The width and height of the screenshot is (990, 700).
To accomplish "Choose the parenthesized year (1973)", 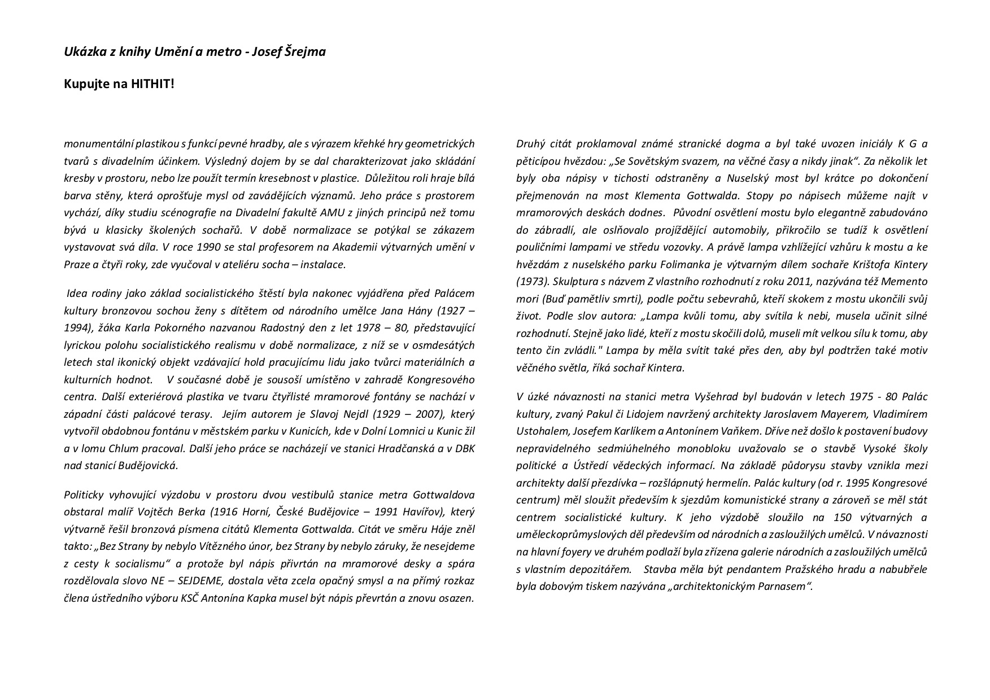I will [533, 281].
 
